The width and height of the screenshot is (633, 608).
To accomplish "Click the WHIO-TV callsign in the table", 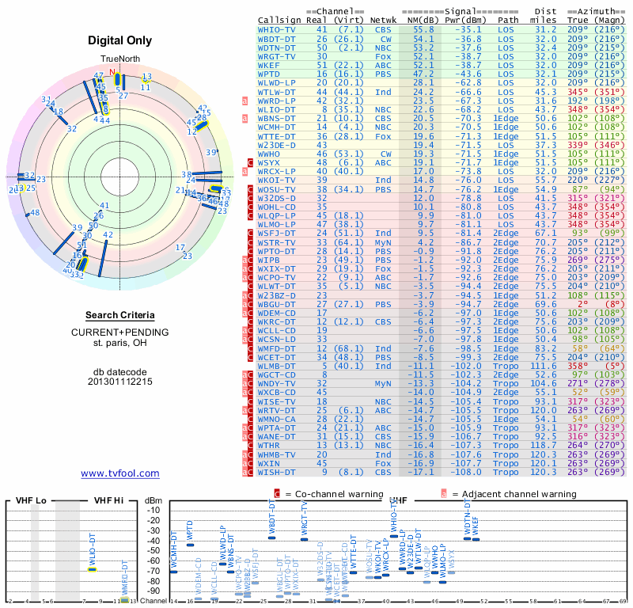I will [x=277, y=28].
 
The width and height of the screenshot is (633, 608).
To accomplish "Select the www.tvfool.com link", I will [x=120, y=473].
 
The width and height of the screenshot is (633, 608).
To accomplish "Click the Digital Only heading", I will [x=120, y=40].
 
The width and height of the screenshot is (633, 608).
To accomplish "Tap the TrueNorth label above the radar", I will [x=119, y=59].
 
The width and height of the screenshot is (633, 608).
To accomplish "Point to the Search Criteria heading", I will [x=120, y=315].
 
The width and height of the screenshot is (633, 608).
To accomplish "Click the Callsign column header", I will [x=280, y=20].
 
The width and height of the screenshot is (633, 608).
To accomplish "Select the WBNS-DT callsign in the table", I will [x=277, y=117].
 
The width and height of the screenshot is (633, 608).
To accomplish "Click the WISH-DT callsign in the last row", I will [x=277, y=472].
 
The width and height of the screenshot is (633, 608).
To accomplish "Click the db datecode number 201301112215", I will [x=120, y=381].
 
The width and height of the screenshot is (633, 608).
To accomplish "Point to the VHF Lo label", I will [x=31, y=500].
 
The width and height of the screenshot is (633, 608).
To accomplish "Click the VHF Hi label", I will [x=108, y=500].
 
